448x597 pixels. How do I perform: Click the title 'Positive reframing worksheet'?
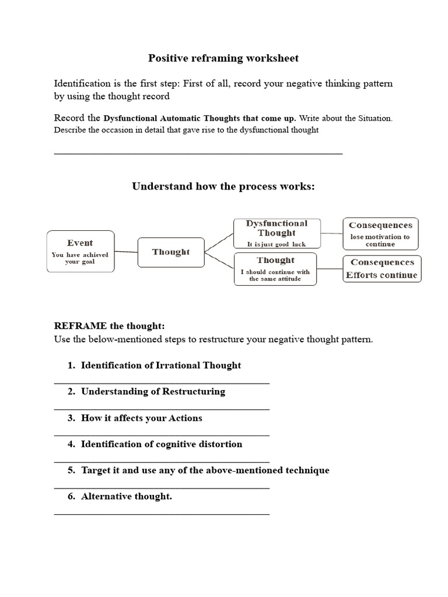pos(223,58)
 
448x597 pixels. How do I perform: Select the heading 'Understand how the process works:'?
pos(223,187)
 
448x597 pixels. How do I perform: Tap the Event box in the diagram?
pos(80,251)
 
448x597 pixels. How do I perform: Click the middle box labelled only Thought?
pos(171,252)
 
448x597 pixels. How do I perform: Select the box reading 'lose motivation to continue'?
pos(380,233)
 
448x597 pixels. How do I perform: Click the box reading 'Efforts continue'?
pos(381,269)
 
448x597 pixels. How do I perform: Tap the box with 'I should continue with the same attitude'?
pos(275,269)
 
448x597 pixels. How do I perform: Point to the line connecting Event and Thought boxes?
pos(125,252)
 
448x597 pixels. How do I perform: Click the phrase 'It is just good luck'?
pos(276,244)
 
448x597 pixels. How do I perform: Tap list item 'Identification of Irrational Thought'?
pos(160,366)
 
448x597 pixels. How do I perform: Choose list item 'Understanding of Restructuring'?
pos(153,392)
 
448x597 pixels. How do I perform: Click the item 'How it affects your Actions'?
pos(142,418)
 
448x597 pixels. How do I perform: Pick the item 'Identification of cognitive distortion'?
pos(162,444)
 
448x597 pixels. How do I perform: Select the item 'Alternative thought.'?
pos(127,497)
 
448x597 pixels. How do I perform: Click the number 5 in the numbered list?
pos(71,470)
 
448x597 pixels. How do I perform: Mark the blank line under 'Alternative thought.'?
pos(162,514)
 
